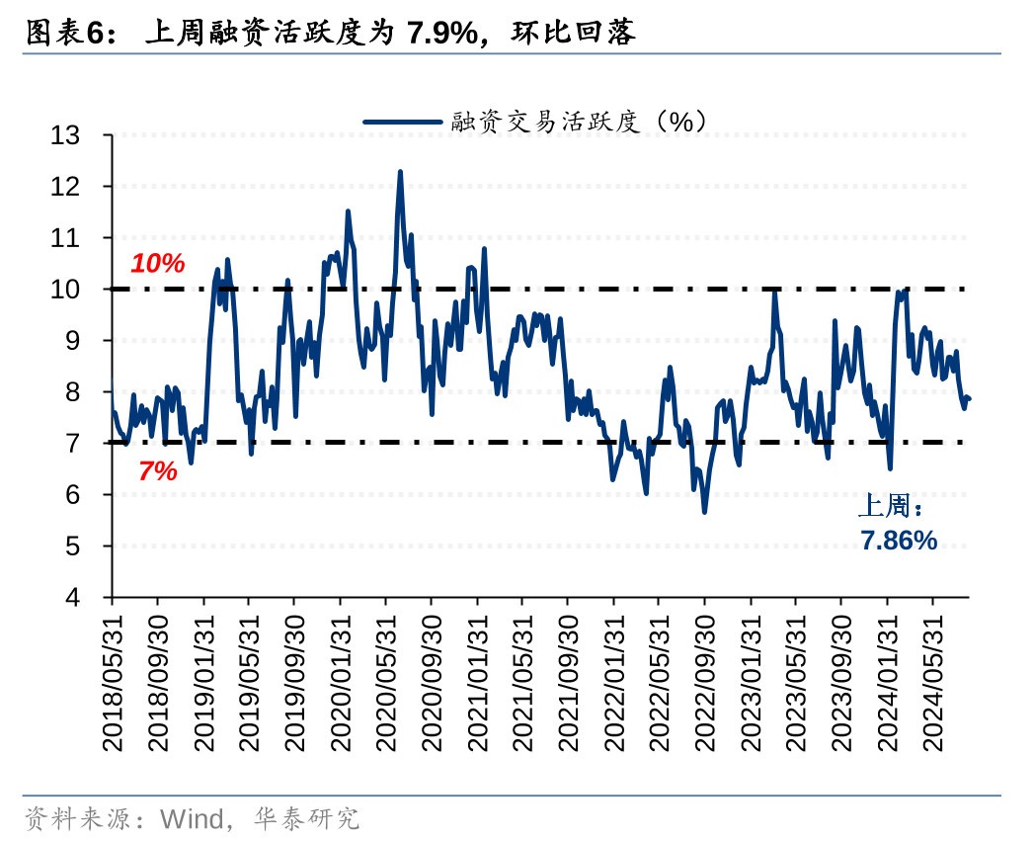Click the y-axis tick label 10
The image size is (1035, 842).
click(79, 290)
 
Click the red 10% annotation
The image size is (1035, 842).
click(158, 264)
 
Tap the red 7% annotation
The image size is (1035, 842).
click(158, 471)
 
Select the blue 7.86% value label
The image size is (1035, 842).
click(898, 540)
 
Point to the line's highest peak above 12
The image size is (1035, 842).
click(400, 172)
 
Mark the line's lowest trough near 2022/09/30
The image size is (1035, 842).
click(704, 511)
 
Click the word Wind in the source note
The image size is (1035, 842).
click(193, 818)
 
